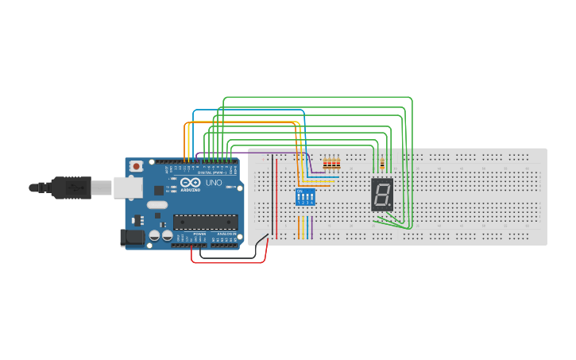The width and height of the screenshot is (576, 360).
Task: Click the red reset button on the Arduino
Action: tap(137, 166)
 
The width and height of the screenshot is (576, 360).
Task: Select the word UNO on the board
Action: tap(214, 183)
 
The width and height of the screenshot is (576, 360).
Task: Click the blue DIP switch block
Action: tap(305, 196)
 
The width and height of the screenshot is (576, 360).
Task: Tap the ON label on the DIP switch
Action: tap(300, 191)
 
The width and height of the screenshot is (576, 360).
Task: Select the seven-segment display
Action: tap(382, 194)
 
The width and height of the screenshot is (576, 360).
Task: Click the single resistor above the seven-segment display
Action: tap(383, 164)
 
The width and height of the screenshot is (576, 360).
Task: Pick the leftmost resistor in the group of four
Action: tap(325, 164)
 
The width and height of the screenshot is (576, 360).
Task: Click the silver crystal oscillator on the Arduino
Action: tap(157, 204)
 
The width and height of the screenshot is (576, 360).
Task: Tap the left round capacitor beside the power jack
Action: tap(155, 235)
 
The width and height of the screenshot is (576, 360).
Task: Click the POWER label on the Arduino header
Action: tap(199, 234)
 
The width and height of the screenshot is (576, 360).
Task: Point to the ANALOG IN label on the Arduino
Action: tap(227, 234)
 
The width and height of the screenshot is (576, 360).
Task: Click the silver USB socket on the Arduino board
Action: tap(126, 187)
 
